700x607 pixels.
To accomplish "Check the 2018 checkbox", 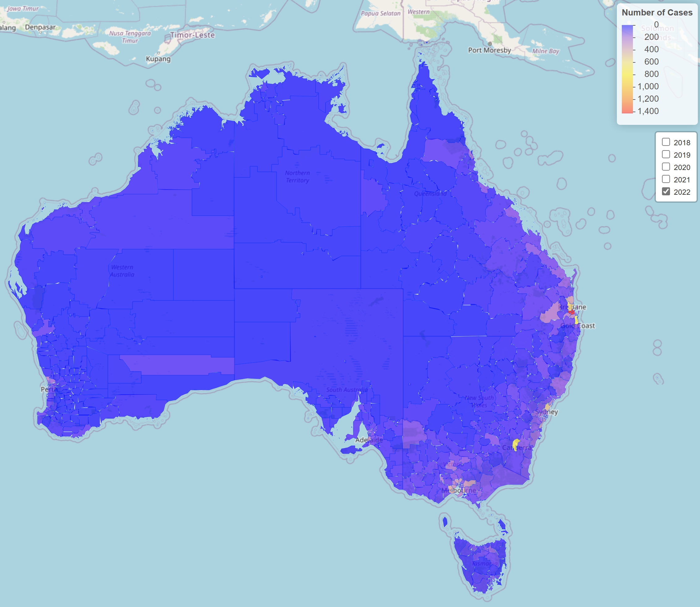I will [666, 142].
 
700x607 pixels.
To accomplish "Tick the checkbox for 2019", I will [666, 155].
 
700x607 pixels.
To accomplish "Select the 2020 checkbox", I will [666, 167].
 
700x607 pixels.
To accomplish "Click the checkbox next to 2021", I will [666, 179].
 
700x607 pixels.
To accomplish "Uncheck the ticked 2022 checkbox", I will [666, 191].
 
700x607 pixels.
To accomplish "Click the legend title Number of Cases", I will [657, 13].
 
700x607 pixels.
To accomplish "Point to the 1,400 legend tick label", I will [648, 111].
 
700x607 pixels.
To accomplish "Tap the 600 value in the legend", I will [651, 62].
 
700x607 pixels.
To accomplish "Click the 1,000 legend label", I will [648, 86].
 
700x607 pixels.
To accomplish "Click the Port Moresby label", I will [489, 50].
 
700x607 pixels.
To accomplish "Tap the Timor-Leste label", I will [192, 35].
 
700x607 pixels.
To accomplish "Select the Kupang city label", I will [158, 59].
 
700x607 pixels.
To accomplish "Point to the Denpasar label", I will [40, 27].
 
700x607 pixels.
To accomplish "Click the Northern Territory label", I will [297, 176].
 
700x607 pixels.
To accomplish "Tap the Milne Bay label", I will [545, 51].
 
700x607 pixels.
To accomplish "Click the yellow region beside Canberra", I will [516, 444].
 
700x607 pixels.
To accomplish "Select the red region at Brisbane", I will [571, 311].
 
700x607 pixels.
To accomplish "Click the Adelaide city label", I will [369, 440].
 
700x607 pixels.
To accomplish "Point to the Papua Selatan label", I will [380, 14].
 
